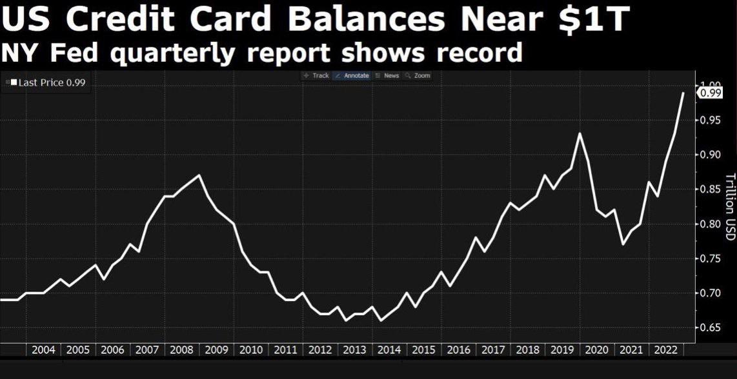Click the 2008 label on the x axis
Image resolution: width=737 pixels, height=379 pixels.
tap(182, 350)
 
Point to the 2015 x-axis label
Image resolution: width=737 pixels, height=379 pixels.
tap(423, 350)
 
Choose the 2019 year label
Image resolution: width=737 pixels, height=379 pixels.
tap(561, 350)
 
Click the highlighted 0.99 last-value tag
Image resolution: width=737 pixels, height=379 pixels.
tap(711, 93)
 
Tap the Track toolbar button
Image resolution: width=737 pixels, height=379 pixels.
tap(316, 75)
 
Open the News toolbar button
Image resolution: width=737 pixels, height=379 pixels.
tap(388, 75)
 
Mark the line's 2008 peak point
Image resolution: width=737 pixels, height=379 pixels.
tap(199, 175)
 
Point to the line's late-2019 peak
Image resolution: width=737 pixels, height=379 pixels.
tap(580, 133)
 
